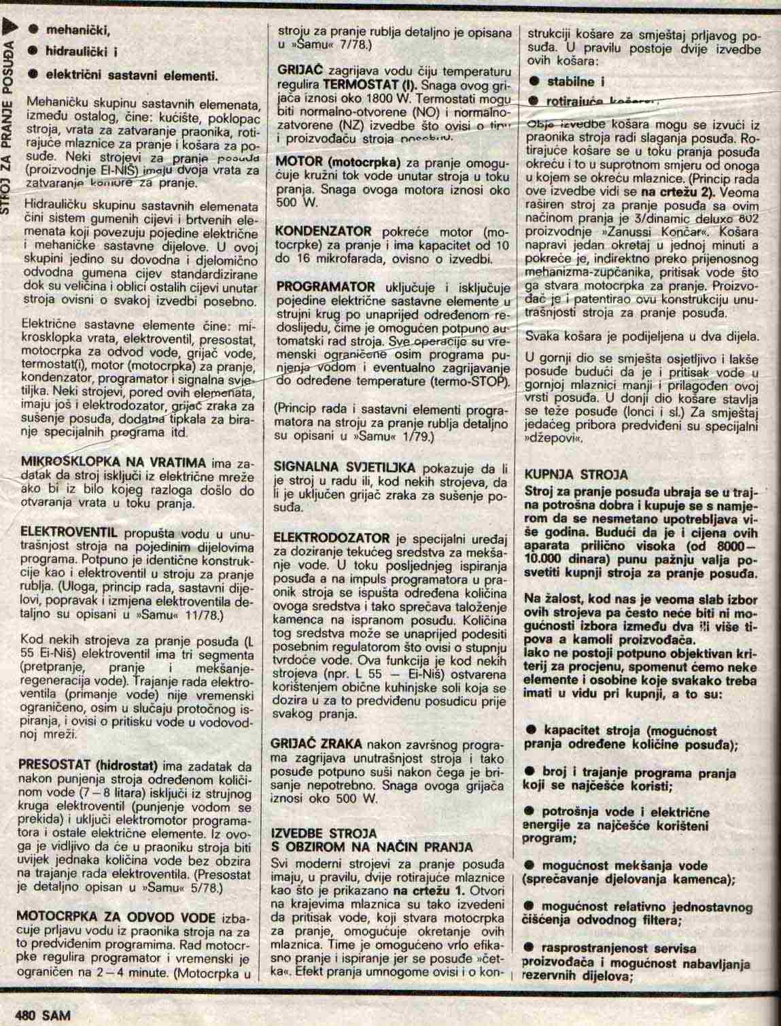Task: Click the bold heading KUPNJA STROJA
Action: (576, 474)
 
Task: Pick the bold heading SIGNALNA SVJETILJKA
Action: (346, 468)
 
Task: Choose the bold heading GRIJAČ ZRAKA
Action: (316, 743)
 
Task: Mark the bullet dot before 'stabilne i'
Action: (534, 82)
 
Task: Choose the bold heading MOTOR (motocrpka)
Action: (340, 163)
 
